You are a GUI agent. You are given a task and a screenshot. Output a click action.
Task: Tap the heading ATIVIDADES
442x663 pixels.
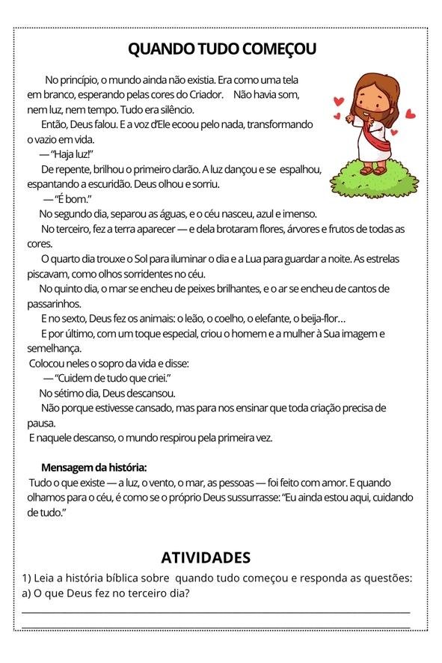(206, 557)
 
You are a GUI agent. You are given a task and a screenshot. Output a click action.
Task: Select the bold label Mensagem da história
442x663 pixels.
(93, 467)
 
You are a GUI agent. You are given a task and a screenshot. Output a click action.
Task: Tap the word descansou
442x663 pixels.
(150, 393)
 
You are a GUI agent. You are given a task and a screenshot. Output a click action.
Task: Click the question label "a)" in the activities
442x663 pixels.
(27, 594)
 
